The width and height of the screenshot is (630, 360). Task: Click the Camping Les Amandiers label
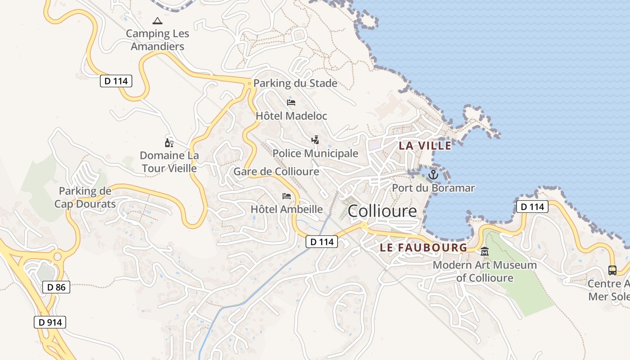(157, 40)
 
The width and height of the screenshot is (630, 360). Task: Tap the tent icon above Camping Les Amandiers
(157, 21)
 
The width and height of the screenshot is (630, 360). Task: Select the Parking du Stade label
(295, 83)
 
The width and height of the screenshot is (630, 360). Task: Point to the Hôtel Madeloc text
(291, 116)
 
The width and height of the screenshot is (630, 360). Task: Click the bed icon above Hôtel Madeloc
(291, 103)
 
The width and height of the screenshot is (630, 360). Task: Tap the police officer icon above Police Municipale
(315, 140)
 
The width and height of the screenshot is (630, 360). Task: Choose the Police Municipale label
(315, 153)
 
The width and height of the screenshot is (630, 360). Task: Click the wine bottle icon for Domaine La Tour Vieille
(169, 143)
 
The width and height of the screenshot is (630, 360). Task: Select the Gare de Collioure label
(276, 171)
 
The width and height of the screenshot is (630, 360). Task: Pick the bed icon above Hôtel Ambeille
(287, 196)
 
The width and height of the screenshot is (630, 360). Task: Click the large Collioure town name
(382, 211)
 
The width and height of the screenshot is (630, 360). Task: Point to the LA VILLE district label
(425, 146)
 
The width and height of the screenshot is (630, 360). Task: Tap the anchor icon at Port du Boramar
(433, 175)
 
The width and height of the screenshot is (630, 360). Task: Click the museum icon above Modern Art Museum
(485, 251)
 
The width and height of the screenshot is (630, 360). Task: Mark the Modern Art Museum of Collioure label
(485, 271)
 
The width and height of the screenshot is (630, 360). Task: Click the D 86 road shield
(56, 287)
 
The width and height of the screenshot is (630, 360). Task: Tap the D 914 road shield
(50, 322)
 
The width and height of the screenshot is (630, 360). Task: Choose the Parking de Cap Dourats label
(85, 198)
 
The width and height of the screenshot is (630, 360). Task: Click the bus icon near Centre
(612, 270)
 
